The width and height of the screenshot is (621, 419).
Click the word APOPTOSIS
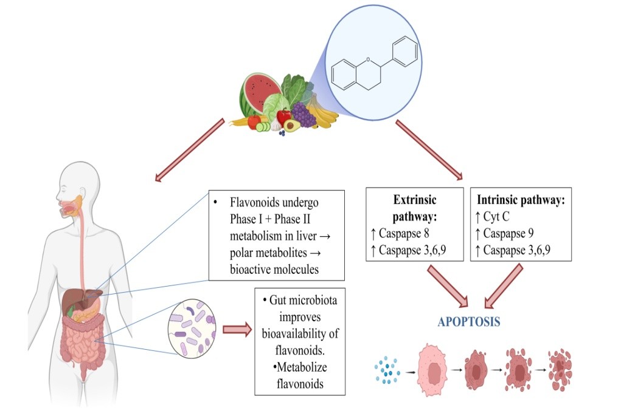(469, 322)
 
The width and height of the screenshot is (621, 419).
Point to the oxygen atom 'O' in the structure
(368, 60)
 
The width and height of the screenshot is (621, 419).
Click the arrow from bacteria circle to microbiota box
(237, 330)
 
